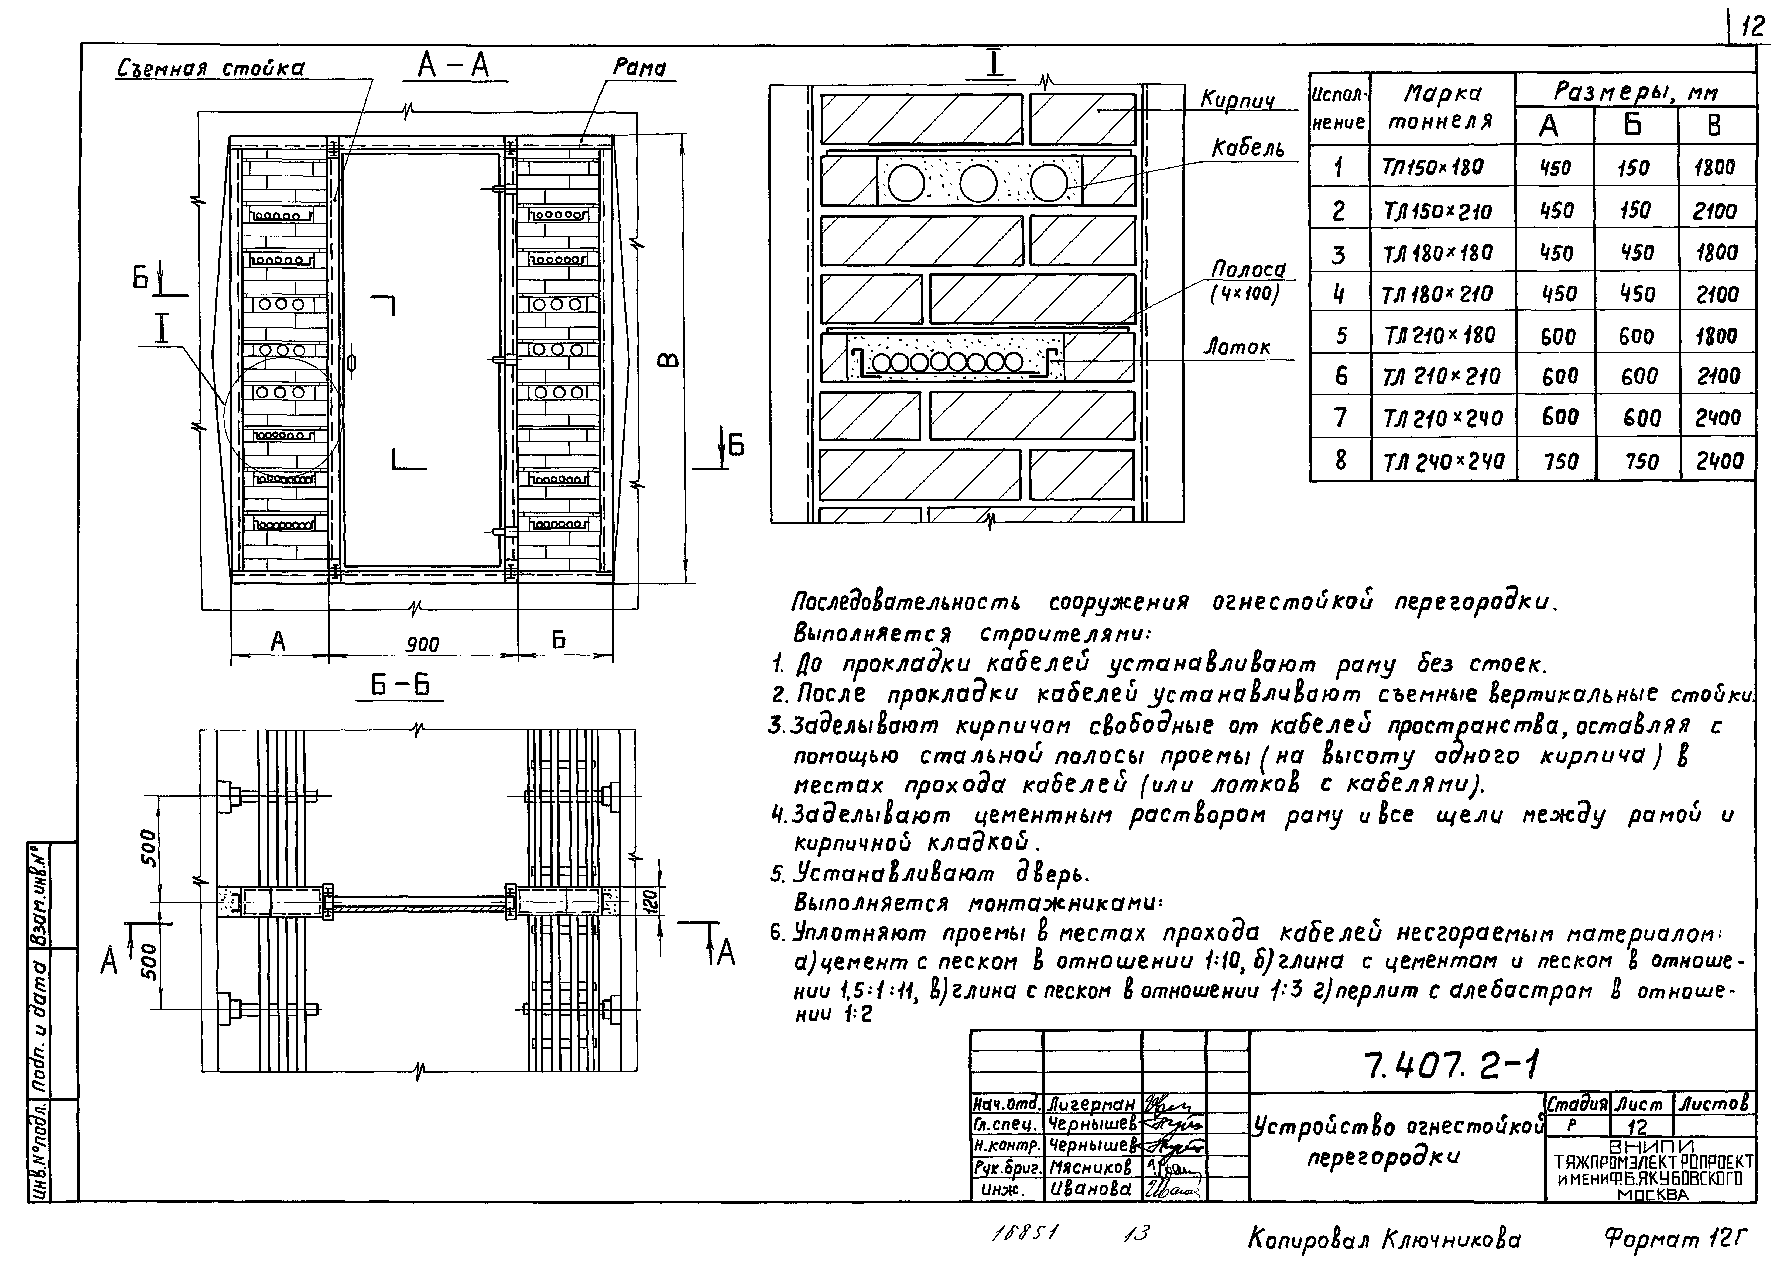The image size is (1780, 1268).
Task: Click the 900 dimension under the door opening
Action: [x=423, y=644]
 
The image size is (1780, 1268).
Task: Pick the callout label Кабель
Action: [x=1247, y=148]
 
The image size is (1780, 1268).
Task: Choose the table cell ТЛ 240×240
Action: [x=1443, y=461]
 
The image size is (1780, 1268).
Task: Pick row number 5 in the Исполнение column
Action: [x=1340, y=336]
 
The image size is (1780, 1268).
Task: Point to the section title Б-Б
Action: [x=400, y=686]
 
